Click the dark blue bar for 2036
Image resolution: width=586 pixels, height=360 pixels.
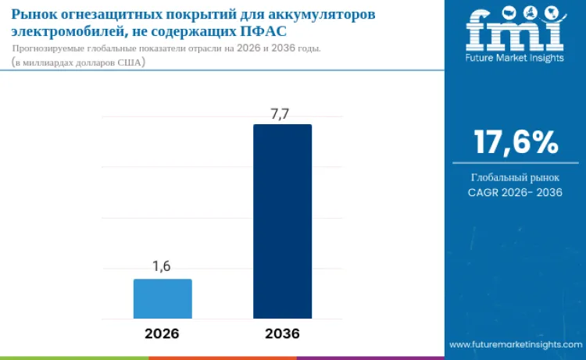[x=282, y=221]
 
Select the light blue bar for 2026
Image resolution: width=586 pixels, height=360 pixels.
[x=163, y=298]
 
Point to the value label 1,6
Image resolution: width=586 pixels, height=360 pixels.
[x=162, y=266]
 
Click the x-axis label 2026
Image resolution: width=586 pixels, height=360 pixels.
[x=162, y=333]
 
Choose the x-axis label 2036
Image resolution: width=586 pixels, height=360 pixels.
[x=282, y=333]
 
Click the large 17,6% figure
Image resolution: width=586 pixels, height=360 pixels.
[x=516, y=142]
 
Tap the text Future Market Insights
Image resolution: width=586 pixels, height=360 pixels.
[x=515, y=58]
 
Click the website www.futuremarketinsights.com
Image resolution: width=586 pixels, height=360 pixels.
[x=515, y=344]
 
